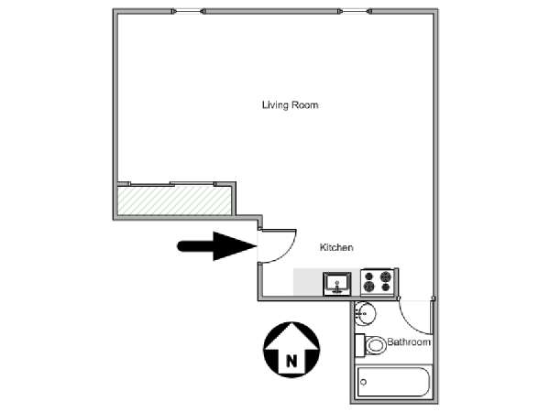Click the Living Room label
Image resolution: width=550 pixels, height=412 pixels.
(290, 105)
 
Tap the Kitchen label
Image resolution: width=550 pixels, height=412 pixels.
(336, 247)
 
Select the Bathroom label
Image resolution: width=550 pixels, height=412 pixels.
(409, 342)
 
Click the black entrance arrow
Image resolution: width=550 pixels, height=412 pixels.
(217, 246)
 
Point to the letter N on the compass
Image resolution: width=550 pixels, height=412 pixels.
(291, 361)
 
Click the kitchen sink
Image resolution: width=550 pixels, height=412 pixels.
(337, 283)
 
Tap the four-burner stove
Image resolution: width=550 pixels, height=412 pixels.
(378, 282)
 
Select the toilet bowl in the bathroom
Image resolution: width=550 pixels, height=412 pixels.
(375, 345)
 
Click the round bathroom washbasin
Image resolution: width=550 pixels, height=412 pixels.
(365, 312)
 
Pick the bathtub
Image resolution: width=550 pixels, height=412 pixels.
(393, 382)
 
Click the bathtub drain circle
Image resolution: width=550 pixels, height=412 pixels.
(363, 382)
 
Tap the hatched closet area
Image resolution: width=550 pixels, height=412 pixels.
(174, 201)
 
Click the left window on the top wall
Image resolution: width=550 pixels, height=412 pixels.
(188, 12)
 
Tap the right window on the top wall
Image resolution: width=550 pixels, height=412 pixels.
(355, 12)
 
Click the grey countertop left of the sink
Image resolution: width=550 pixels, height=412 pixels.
(308, 282)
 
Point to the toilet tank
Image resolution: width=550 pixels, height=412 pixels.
(359, 345)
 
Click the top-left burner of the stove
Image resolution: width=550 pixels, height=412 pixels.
(368, 276)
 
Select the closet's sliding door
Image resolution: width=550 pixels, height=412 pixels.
(172, 184)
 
